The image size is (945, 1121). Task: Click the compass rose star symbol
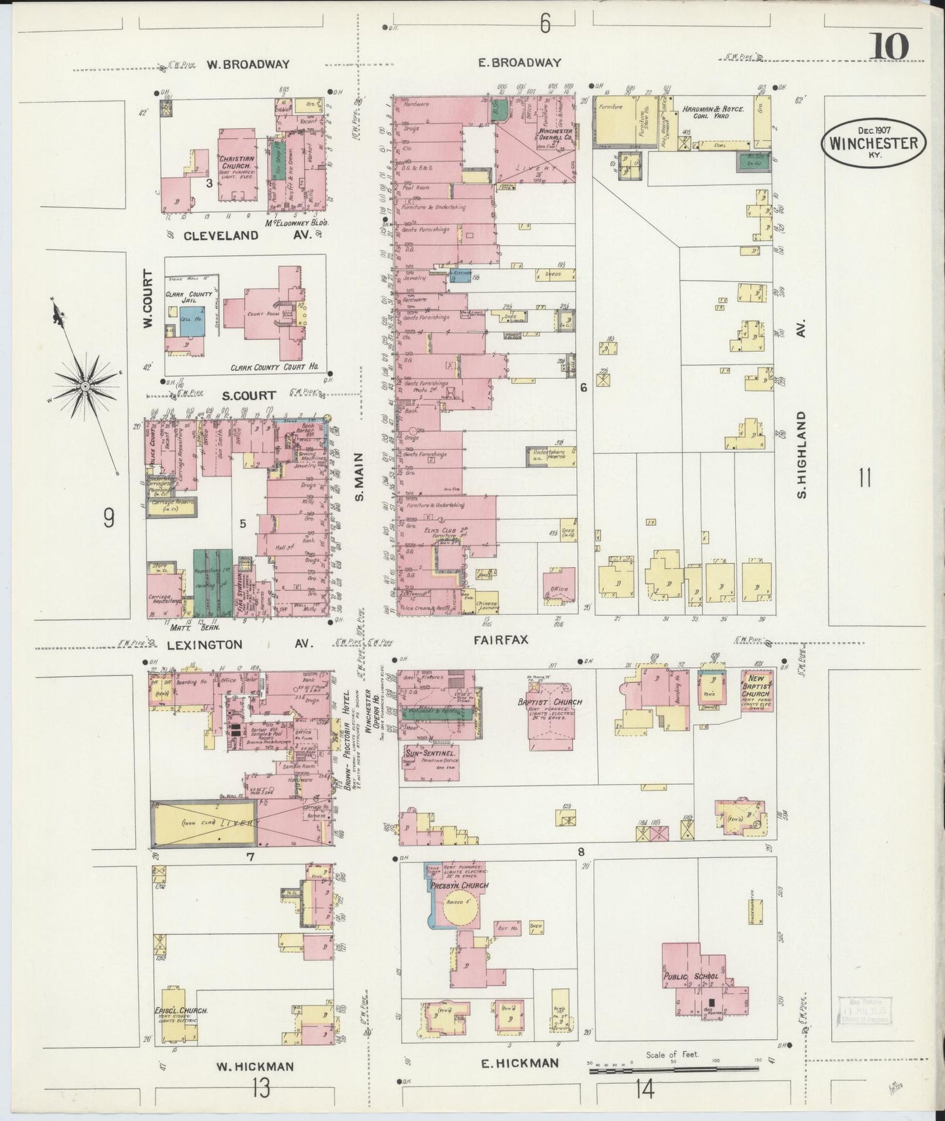tap(84, 387)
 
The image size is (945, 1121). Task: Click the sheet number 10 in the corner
tap(889, 47)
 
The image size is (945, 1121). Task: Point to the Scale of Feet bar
tap(674, 1069)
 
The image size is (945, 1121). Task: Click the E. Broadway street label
tap(526, 63)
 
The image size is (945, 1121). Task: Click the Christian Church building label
tap(237, 162)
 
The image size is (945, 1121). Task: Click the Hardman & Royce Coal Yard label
tap(713, 109)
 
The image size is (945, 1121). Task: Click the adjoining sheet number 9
tap(108, 518)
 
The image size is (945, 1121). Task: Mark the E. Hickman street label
tap(520, 1063)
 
